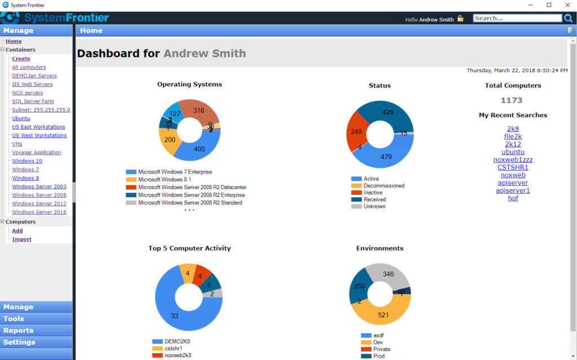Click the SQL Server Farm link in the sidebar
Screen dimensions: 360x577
point(33,101)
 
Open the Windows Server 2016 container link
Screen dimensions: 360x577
point(39,212)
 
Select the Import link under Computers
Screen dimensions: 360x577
point(22,239)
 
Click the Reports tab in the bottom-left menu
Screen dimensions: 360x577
point(19,331)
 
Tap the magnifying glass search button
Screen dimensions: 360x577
point(568,18)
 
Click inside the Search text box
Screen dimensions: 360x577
point(517,18)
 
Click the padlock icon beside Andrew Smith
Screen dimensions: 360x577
point(460,19)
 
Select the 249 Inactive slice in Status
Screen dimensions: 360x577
point(356,131)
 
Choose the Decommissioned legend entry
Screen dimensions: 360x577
point(383,186)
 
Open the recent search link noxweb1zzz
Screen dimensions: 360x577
point(513,159)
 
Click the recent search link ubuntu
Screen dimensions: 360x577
point(513,152)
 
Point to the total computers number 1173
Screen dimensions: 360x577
point(512,100)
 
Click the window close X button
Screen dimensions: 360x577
point(564,5)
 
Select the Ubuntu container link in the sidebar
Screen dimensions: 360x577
point(21,118)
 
